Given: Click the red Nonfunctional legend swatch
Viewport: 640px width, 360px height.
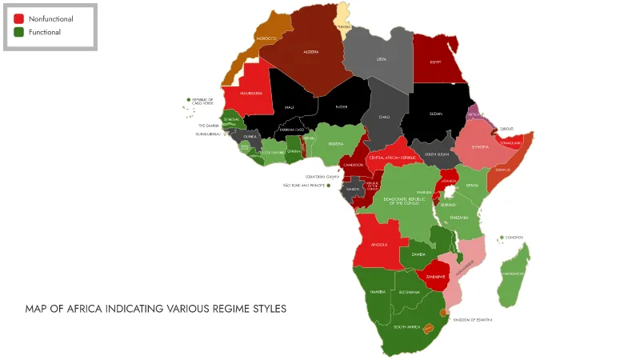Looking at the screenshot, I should coord(19,18).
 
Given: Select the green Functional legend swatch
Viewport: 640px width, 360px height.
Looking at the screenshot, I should coord(19,32).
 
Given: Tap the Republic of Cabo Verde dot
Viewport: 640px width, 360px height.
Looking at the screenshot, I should coord(189,100).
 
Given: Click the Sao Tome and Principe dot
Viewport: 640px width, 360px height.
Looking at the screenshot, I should coord(328,186).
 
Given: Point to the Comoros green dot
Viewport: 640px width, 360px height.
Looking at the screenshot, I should coord(501,238).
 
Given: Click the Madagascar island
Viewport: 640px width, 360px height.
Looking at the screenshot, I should coord(514,273).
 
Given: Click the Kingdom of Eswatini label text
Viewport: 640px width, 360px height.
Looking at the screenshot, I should coord(472,320).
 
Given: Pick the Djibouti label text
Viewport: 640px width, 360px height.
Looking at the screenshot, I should coord(506,129).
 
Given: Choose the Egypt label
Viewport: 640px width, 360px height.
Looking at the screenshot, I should coord(436,62).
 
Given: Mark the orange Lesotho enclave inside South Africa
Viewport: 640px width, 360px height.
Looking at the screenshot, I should coord(428,328).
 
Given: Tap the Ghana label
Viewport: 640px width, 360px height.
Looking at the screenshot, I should coord(294,150).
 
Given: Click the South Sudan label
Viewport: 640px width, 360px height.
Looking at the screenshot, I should coord(437,154).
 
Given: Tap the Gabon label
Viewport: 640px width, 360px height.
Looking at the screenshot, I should coord(352,189).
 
